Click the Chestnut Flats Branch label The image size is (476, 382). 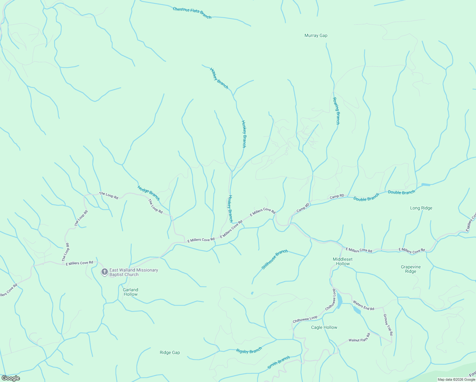[x=192, y=13]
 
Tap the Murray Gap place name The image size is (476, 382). [x=316, y=36]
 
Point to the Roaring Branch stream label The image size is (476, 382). [x=336, y=111]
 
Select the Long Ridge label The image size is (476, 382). [x=421, y=208]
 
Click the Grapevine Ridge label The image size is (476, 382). [x=410, y=269]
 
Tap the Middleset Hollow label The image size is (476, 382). [x=342, y=261]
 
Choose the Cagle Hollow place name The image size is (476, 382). [x=324, y=328]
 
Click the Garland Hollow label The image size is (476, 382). [x=130, y=292]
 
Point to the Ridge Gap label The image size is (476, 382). [x=170, y=353]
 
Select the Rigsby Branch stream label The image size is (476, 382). [x=249, y=351]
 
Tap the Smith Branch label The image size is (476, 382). [x=278, y=362]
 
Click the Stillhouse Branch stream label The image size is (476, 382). [x=274, y=259]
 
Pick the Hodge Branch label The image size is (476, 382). [x=149, y=193]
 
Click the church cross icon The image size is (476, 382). [x=104, y=272]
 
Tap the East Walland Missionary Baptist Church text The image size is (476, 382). [x=134, y=272]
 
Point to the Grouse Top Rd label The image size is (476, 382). [x=388, y=325]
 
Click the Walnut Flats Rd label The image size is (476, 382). [x=359, y=338]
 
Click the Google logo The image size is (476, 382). [x=10, y=378]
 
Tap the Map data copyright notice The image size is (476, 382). [x=456, y=379]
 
